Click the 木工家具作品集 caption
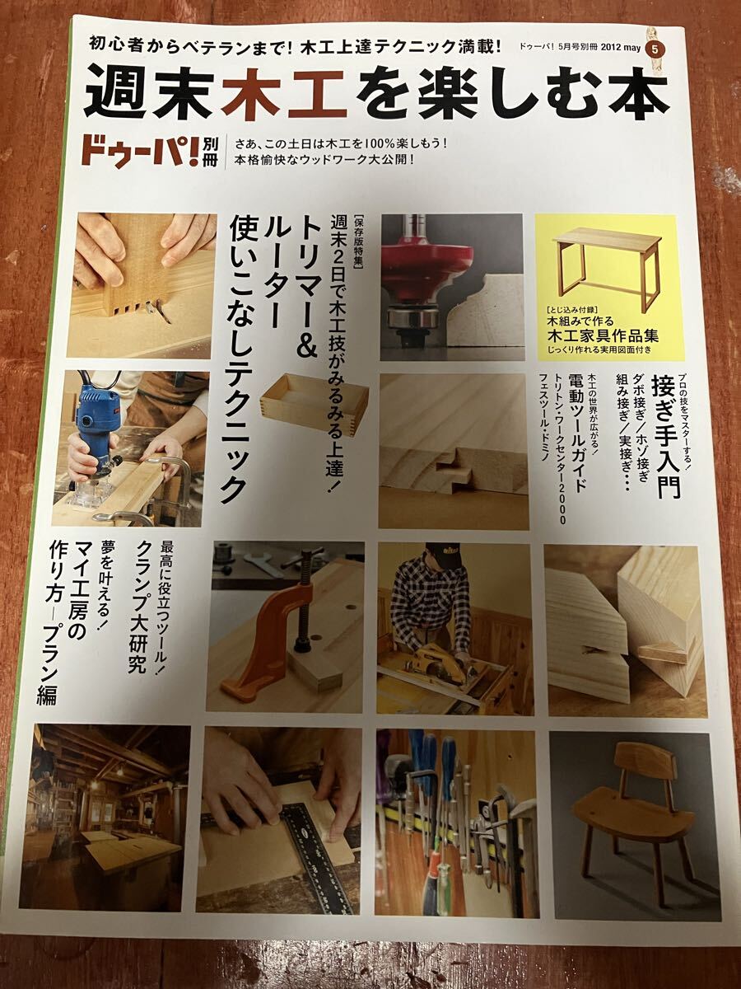tap(607, 336)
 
